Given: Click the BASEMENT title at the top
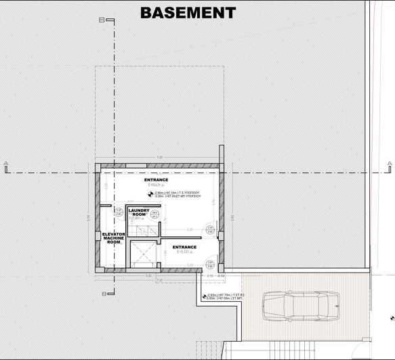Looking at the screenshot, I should coord(188,12).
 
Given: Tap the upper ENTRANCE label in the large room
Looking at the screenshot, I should coord(157,181).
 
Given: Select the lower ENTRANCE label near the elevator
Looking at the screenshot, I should coord(184,247).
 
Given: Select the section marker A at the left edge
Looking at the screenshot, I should coord(5,163).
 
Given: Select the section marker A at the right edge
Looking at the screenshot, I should coord(389,163).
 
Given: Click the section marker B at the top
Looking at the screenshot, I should coord(102,20).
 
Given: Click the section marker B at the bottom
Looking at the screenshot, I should coord(102,294).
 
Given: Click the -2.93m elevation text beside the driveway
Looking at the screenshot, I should coord(222,296).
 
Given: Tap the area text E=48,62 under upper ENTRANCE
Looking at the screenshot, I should coord(157,185).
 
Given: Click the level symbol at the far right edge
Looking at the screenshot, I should coord(391,318).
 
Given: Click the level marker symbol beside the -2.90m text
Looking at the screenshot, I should coord(148,194).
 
